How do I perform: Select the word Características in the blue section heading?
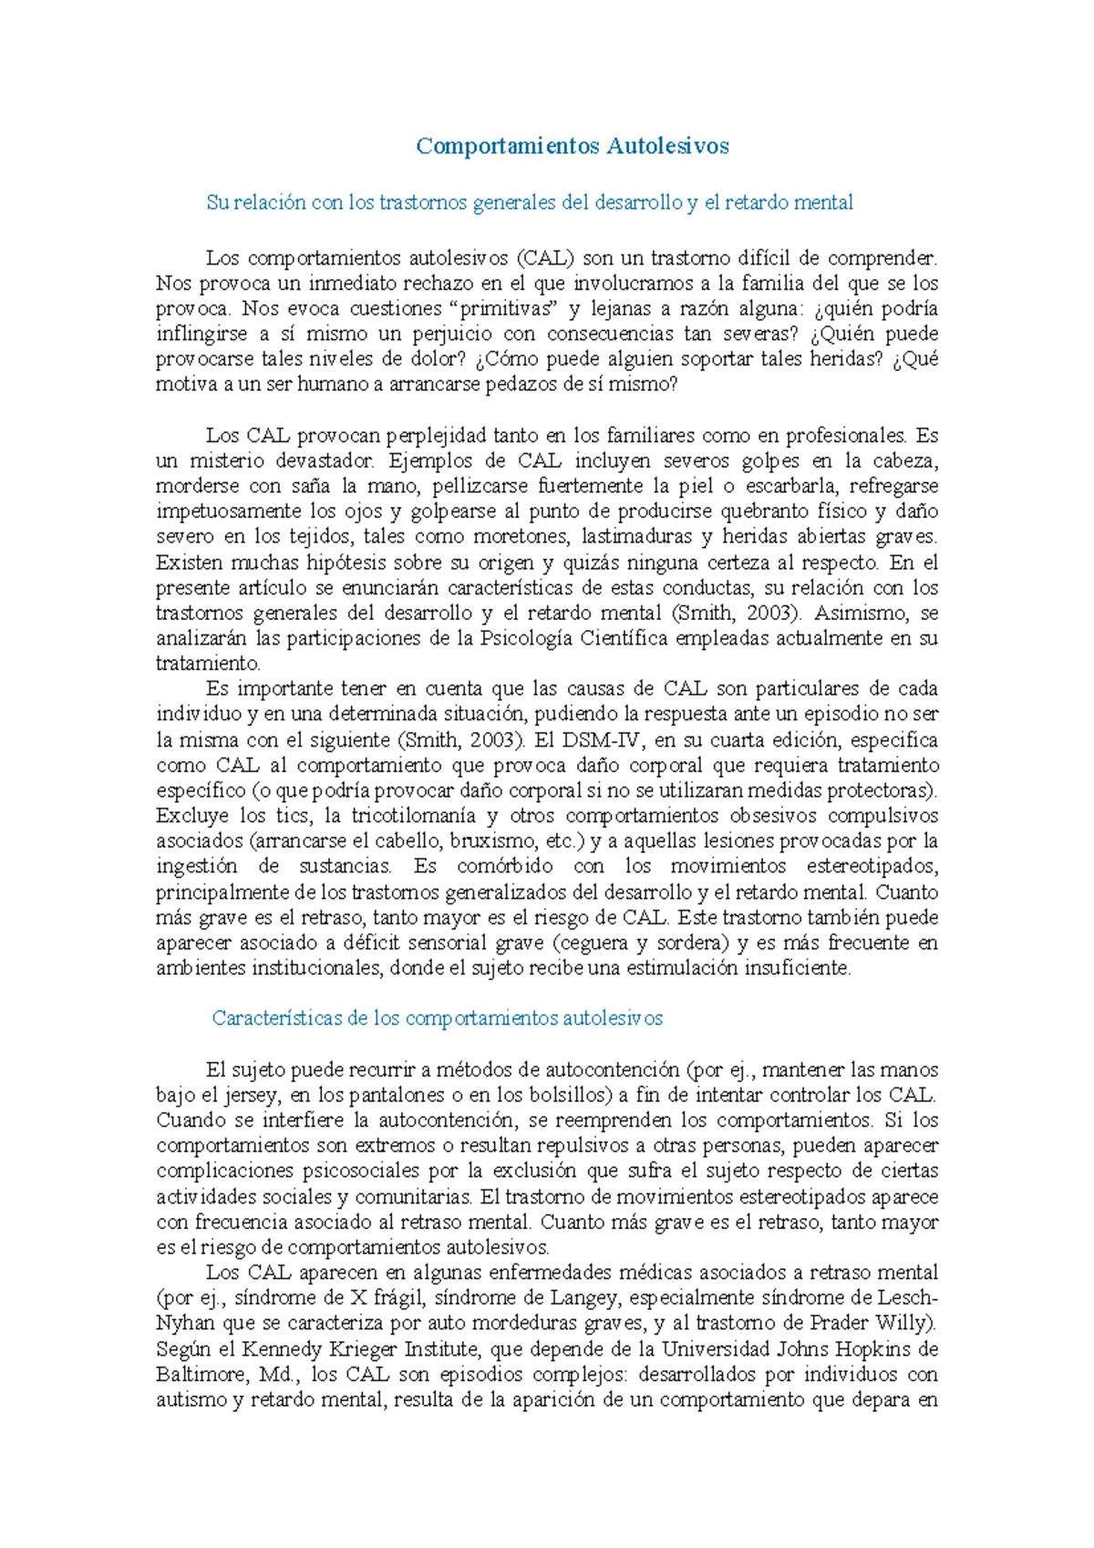[x=277, y=1018]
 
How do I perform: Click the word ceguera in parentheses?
[x=594, y=943]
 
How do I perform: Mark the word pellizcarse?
[x=479, y=486]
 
